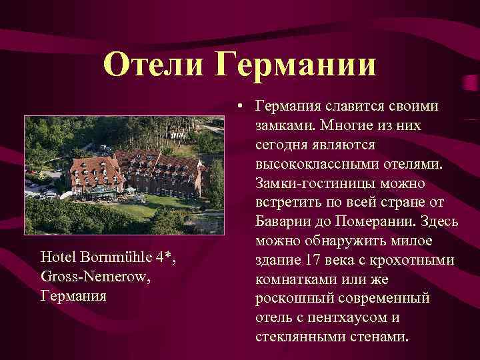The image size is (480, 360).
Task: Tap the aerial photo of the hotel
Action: [124, 175]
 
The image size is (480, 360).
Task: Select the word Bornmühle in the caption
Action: [109, 257]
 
